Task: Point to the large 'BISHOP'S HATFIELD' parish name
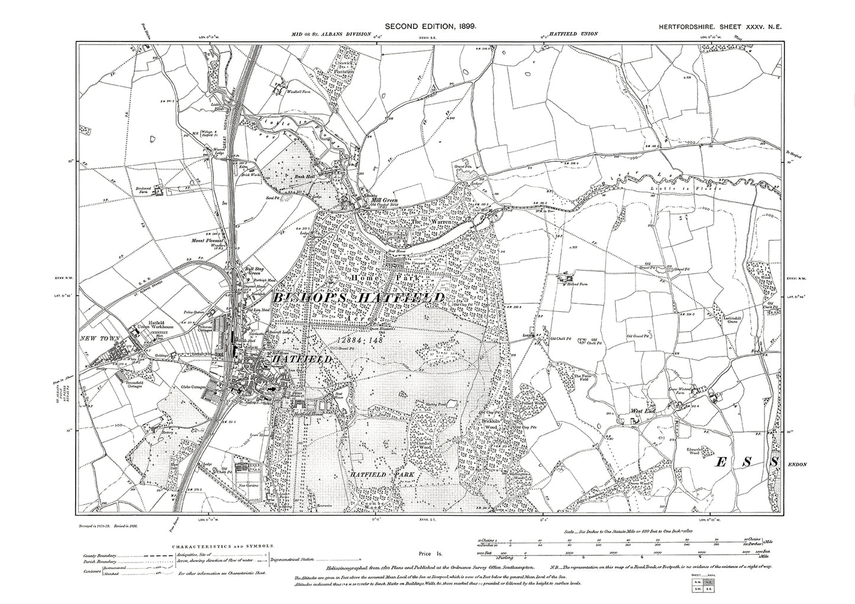(359, 298)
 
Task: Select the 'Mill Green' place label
(384, 200)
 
